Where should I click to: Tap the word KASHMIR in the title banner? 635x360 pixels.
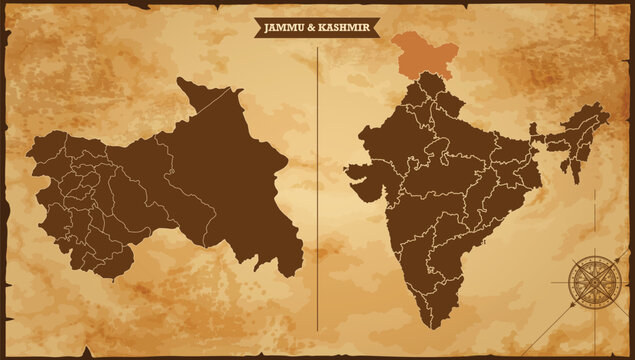(344, 27)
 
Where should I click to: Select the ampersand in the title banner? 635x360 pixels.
(314, 27)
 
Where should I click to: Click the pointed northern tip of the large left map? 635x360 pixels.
(180, 80)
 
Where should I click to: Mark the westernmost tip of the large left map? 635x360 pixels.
(28, 155)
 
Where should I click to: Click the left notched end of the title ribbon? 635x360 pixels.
(255, 27)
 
